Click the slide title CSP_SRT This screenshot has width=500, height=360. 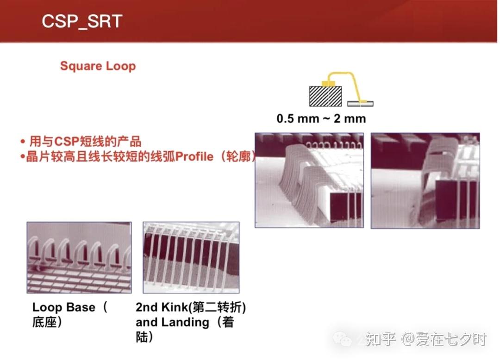pos(82,22)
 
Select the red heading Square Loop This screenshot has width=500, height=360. pos(98,66)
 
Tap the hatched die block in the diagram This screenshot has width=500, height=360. pos(325,96)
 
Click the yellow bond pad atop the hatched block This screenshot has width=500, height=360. pos(328,83)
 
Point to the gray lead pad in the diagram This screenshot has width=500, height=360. pos(360,104)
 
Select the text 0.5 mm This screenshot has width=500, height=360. pos(298,118)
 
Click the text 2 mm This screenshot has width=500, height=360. pos(350,118)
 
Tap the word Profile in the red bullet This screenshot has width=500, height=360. pos(194,156)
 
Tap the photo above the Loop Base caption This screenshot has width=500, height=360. pos(79,257)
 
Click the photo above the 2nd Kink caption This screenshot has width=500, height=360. pos(191,257)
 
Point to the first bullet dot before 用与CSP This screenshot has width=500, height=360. pos(22,142)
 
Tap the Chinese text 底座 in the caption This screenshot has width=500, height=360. pos(44,322)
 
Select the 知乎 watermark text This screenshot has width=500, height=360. pos(381,339)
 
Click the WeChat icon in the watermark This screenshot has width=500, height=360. pos(342,339)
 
